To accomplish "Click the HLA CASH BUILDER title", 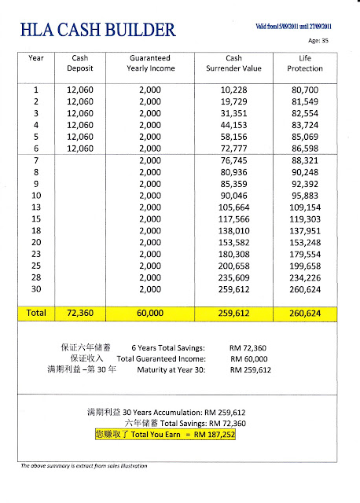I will coord(98,31).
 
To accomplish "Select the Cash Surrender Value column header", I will coord(233,64).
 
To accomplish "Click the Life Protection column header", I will coord(307,64).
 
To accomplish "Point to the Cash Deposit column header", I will coord(80,64).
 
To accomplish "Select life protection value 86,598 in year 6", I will coord(307,149).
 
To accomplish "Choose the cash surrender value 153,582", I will coord(234,244).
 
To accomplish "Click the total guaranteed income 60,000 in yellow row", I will coord(150,312).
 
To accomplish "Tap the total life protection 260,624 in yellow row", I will coord(307,312).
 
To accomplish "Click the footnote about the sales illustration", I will coord(84,466).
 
